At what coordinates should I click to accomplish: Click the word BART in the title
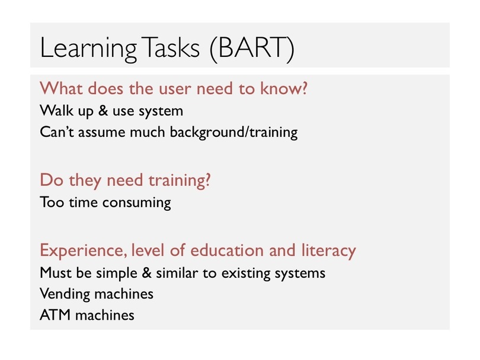click(x=252, y=48)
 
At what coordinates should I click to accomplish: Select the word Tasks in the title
click(x=171, y=47)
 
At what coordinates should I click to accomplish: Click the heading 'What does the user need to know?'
click(x=174, y=88)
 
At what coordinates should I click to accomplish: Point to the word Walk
click(x=57, y=110)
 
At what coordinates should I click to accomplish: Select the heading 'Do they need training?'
click(x=125, y=181)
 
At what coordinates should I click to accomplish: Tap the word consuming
click(x=136, y=203)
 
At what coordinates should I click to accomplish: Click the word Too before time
click(x=52, y=202)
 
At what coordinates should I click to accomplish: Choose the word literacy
click(x=328, y=250)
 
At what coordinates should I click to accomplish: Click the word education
click(x=227, y=250)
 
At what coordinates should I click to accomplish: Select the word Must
click(x=56, y=272)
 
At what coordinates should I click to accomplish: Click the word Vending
click(x=65, y=294)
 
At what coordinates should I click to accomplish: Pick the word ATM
click(x=55, y=315)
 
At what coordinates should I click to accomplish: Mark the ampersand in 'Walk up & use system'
click(x=103, y=110)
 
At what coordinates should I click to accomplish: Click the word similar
click(x=177, y=272)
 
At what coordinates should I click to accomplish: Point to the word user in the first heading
click(x=175, y=89)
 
